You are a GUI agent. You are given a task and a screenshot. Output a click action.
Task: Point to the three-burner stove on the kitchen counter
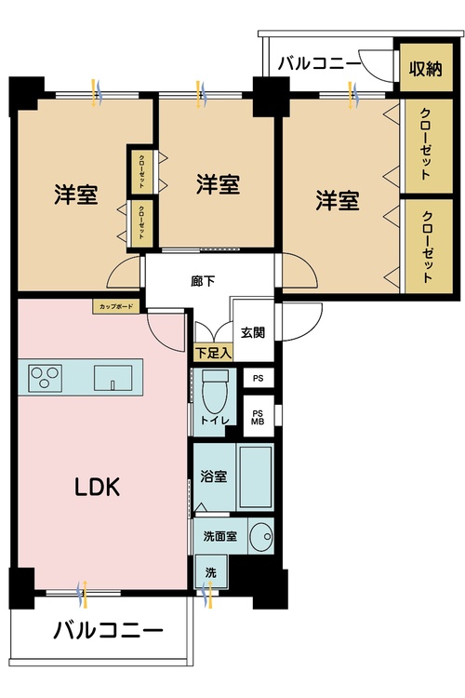(43, 378)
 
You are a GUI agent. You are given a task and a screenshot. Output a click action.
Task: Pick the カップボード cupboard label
(112, 305)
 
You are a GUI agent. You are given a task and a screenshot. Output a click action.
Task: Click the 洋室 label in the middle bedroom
(218, 184)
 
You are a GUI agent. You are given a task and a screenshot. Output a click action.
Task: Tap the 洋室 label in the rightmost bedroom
(337, 199)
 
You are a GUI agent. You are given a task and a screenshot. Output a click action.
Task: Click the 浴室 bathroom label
(214, 477)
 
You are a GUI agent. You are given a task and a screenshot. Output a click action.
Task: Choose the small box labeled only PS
(258, 379)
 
